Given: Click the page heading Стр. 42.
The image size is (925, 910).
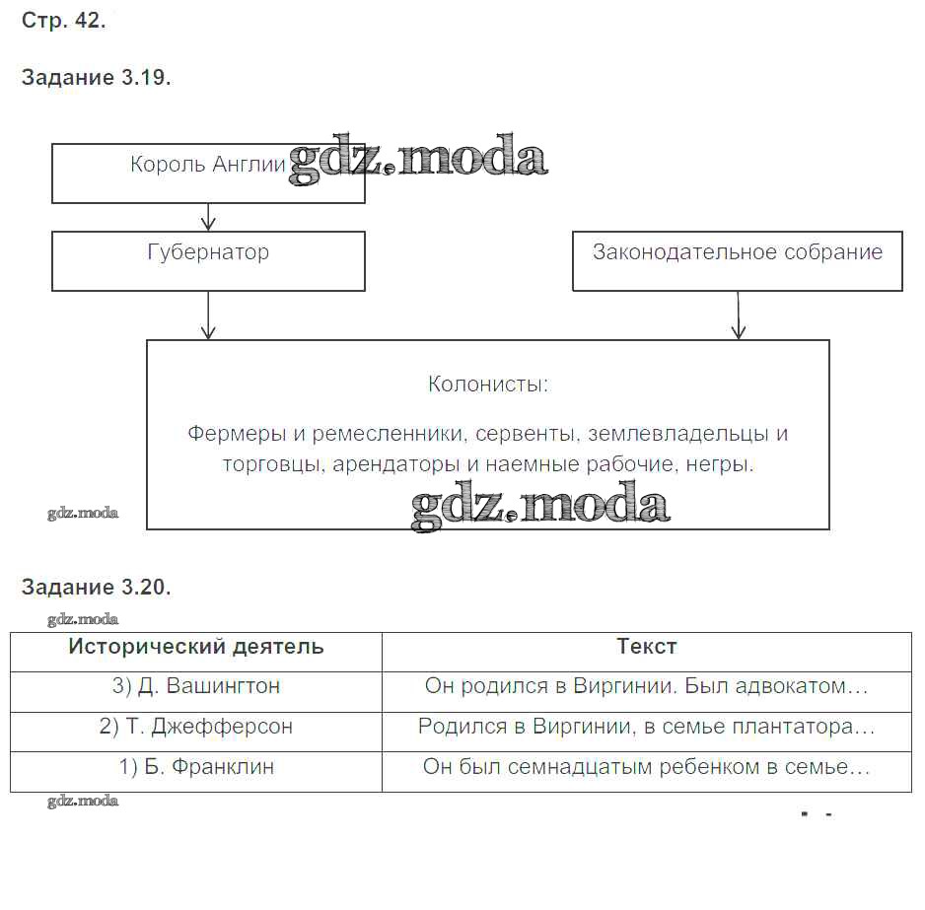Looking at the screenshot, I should [63, 21].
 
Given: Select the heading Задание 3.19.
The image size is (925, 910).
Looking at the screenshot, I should [96, 79].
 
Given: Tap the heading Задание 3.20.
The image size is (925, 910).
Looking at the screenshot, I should [96, 588].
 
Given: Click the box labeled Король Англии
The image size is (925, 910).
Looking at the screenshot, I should [208, 174].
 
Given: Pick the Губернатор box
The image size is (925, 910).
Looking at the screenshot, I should [208, 261].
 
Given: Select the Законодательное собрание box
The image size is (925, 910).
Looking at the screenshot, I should [737, 261].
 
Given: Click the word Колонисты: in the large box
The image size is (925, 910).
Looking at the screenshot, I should [488, 385].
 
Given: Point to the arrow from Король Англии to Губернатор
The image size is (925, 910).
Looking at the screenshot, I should [208, 217].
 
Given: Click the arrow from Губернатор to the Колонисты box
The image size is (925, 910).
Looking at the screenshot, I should [208, 315].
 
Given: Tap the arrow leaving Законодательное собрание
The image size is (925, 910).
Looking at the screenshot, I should [737, 315].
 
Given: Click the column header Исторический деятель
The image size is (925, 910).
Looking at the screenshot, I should [196, 647].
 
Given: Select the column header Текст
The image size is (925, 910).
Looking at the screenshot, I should [647, 647].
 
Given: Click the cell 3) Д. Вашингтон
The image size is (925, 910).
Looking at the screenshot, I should [196, 686].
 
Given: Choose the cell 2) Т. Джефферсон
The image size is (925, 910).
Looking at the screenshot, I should [196, 727].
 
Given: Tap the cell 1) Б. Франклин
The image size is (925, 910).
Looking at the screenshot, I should [196, 766].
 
